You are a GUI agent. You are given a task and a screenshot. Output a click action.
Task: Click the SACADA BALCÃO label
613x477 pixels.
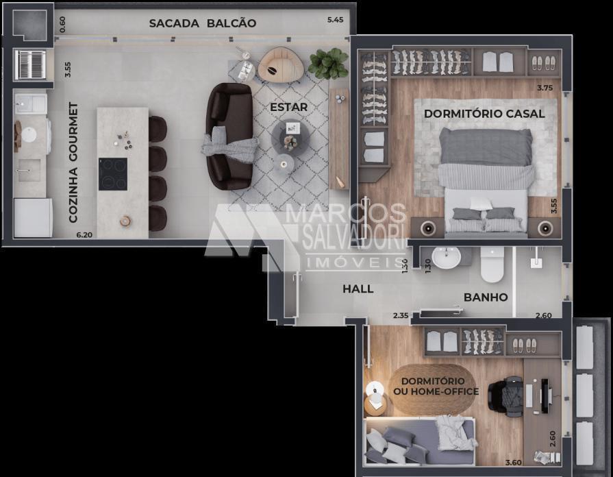click(203, 23)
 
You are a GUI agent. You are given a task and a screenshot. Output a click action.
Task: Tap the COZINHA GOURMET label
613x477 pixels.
click(73, 162)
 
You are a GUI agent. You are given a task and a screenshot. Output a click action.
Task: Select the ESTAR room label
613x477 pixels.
click(288, 107)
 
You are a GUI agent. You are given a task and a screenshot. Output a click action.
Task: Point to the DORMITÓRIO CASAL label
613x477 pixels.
click(484, 114)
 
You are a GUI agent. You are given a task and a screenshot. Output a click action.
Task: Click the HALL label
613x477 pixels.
click(358, 289)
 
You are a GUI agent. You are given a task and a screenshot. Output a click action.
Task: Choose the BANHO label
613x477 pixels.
click(486, 297)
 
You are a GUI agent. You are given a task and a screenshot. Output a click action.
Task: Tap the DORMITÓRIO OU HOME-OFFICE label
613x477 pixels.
click(436, 387)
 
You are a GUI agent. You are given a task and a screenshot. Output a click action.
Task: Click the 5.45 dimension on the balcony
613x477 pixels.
click(335, 20)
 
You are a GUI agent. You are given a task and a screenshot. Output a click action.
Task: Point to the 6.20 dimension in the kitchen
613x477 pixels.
click(84, 235)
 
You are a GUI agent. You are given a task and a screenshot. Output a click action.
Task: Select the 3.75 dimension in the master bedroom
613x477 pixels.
click(545, 88)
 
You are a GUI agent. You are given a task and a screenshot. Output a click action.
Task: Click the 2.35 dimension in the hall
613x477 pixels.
click(401, 315)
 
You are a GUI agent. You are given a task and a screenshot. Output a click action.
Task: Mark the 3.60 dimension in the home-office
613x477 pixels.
click(513, 463)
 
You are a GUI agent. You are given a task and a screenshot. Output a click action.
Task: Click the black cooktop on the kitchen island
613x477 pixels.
click(113, 174)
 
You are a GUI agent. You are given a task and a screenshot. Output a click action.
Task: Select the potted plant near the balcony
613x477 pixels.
click(328, 63)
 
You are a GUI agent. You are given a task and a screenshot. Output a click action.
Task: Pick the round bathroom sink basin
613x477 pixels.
click(446, 258)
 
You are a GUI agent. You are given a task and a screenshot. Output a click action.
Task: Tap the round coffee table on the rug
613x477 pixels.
click(291, 138)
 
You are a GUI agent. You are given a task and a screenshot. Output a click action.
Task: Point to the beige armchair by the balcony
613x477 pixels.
click(281, 65)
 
